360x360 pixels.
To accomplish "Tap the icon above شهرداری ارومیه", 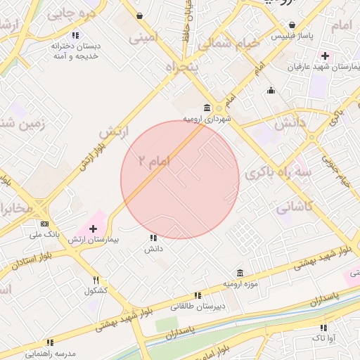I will [206, 108].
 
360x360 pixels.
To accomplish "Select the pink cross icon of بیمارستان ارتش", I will [93, 229].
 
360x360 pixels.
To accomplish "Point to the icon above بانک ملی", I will [45, 224].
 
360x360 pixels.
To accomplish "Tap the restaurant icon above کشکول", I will [96, 280].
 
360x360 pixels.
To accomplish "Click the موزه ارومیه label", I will [238, 283].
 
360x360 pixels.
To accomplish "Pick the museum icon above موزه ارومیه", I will [240, 273].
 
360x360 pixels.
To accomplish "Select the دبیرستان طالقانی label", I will [196, 307].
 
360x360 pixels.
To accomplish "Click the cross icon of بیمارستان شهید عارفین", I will [324, 56].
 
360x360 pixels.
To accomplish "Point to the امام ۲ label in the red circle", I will [154, 161].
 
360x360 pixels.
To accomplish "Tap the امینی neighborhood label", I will [144, 38].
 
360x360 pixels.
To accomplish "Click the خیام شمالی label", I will [229, 44].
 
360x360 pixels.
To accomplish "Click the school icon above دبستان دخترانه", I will [75, 35].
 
